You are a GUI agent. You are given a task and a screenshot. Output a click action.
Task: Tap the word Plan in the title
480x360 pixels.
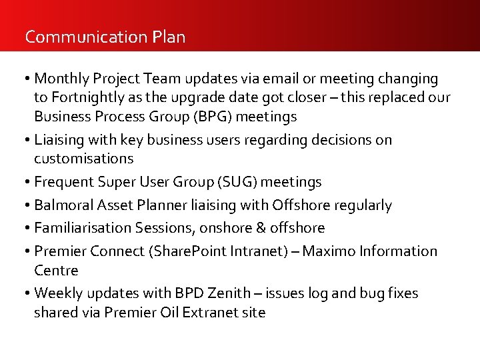point(169,37)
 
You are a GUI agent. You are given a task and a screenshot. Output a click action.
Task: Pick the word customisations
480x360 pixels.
point(84,159)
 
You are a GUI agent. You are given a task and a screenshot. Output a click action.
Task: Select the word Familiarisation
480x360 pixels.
point(82,228)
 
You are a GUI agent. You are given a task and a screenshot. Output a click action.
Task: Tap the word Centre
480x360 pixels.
point(56,270)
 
